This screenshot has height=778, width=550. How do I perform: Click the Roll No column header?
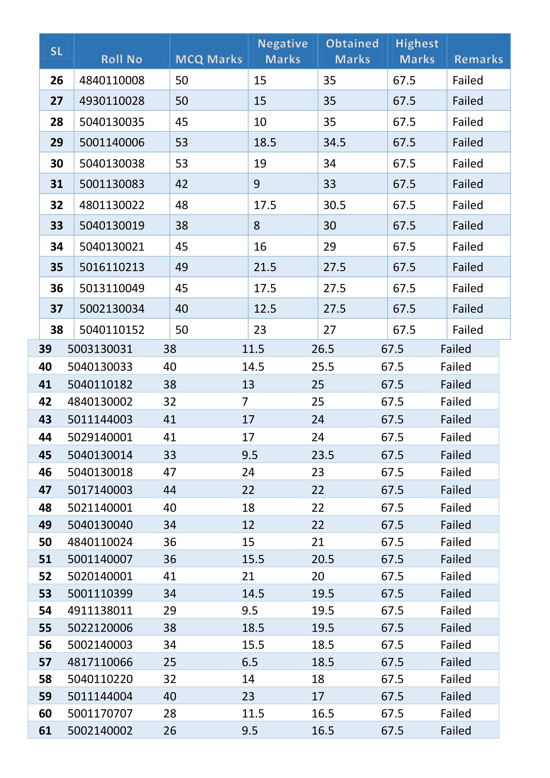click(121, 59)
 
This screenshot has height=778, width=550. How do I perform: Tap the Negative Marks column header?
click(282, 51)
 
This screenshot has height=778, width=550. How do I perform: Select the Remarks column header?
click(478, 59)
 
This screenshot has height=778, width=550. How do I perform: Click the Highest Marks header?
click(417, 51)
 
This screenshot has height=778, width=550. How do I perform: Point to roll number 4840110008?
click(112, 80)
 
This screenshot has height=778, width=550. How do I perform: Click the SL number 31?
click(57, 184)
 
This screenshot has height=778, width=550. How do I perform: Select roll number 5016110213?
click(112, 267)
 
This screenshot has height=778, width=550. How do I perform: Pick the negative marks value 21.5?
click(265, 267)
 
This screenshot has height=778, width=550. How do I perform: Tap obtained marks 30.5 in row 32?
click(334, 205)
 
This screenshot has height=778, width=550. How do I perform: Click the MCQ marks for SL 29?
click(182, 142)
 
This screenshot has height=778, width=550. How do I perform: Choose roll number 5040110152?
click(112, 330)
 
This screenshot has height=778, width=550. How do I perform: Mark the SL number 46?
click(45, 472)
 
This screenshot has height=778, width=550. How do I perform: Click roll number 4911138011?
click(100, 610)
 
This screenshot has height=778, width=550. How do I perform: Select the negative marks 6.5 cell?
click(250, 662)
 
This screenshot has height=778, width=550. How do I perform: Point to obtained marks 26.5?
click(323, 349)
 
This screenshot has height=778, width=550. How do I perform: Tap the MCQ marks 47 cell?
click(170, 472)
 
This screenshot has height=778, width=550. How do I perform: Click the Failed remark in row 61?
click(456, 730)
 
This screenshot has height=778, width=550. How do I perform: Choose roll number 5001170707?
click(100, 713)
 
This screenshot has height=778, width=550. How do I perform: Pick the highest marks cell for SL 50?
click(392, 542)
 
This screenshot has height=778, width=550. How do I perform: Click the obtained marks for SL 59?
click(318, 696)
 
